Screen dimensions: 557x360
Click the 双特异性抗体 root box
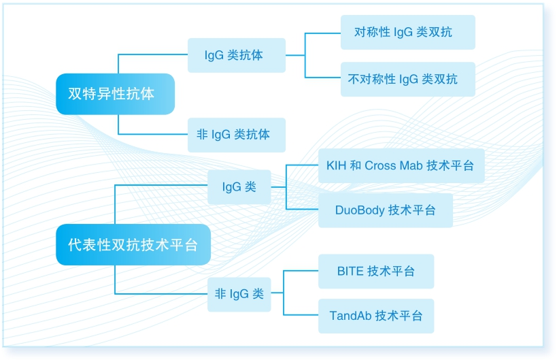115,94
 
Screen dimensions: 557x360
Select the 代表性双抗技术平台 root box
133,244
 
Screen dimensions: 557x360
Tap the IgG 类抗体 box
237,55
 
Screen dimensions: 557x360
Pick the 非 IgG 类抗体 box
237,135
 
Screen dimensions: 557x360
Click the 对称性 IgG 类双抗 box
408,32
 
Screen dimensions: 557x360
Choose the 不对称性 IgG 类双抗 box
408,79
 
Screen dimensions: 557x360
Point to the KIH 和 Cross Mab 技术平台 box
401,165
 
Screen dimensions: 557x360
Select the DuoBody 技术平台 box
386,210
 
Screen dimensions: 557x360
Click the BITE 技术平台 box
376,271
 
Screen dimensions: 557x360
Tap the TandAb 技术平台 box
376,316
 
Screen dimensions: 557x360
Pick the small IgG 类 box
239,187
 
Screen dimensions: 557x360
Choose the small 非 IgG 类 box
239,294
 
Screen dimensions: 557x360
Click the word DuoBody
360,210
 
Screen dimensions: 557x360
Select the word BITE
350,271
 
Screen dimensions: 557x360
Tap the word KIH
336,165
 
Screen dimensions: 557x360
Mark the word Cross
380,165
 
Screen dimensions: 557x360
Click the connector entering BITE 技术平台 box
301,271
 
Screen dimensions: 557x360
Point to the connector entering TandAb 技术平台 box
301,315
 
